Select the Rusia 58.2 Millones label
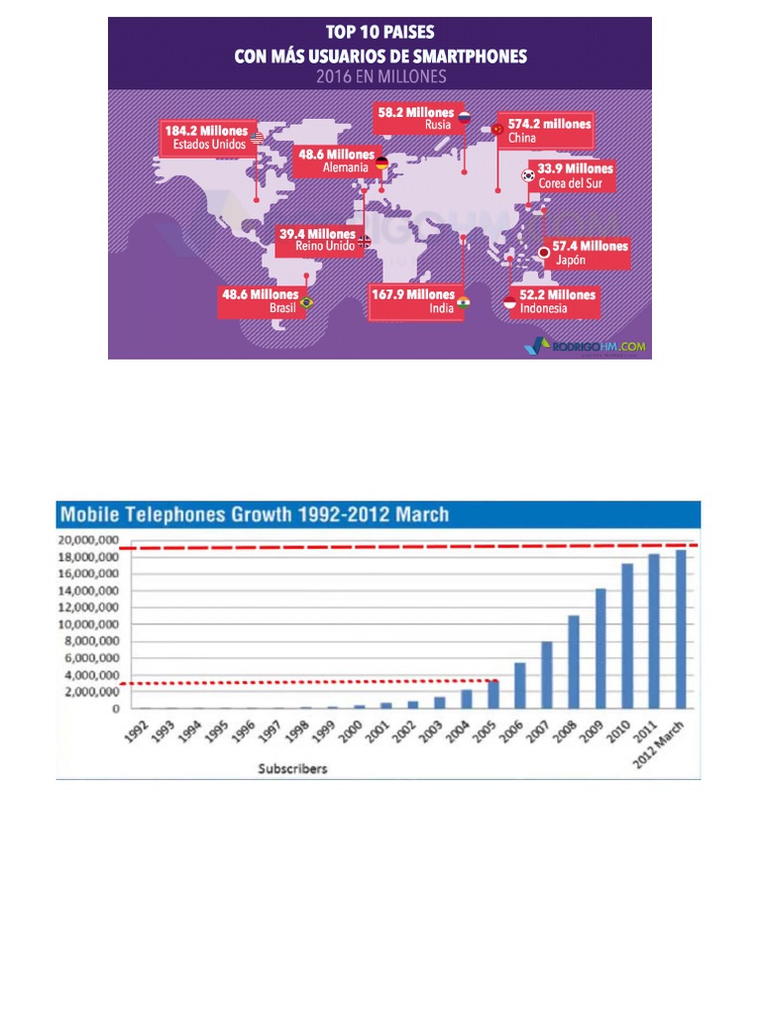(x=415, y=118)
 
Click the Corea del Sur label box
(x=572, y=176)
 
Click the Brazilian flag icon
(x=306, y=303)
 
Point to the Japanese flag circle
(x=544, y=253)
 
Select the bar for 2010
(x=626, y=635)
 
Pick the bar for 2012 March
(x=680, y=629)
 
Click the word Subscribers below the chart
(x=292, y=768)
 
